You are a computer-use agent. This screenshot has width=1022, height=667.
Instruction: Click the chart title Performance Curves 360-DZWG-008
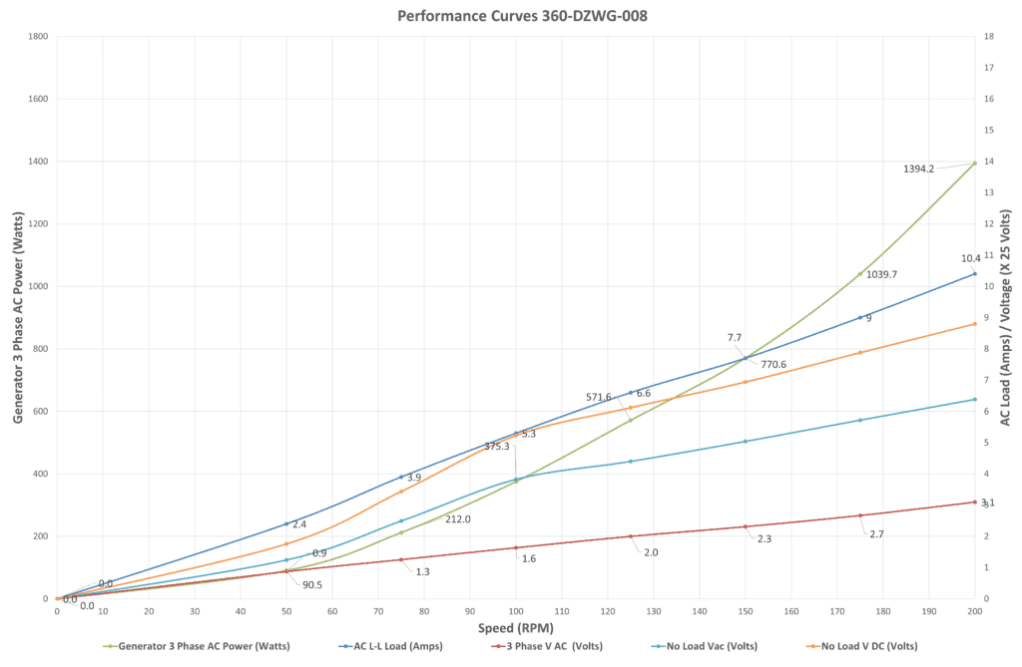[x=509, y=16]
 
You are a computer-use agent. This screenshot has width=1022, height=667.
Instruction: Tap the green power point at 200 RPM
[x=974, y=163]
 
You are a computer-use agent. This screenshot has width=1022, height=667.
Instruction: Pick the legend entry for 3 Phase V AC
[x=554, y=646]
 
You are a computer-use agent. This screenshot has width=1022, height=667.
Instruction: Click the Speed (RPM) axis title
[x=515, y=629]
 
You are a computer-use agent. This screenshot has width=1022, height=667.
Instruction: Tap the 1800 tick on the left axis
[x=38, y=37]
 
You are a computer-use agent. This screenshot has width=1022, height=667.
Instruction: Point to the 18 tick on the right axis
[x=988, y=37]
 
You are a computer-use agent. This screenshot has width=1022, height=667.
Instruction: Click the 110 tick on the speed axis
[x=561, y=610]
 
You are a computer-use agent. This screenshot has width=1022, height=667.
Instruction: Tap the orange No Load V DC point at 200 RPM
[x=974, y=324]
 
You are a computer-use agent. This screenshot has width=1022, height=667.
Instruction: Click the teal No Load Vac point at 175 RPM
[x=859, y=420]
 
